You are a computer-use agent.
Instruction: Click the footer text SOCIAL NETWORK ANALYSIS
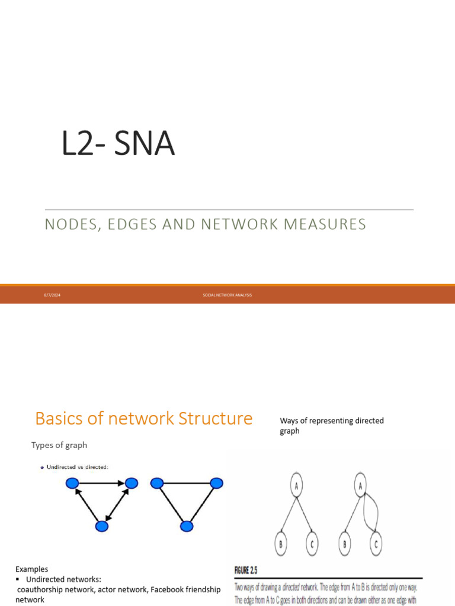[227, 295]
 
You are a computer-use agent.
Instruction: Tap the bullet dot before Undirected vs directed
[41, 467]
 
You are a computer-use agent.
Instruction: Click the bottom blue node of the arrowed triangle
[102, 526]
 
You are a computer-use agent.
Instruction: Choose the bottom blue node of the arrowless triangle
[187, 526]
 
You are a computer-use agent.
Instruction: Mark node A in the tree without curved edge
[296, 486]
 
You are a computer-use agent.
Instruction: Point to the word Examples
[32, 569]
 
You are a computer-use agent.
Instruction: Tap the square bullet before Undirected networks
[18, 579]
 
